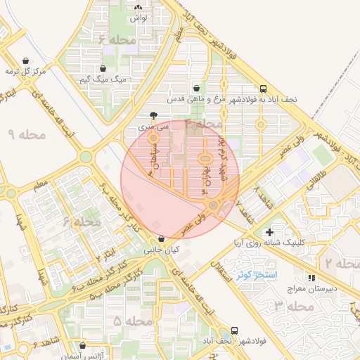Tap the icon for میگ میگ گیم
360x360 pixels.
pyautogui.click(x=103, y=69)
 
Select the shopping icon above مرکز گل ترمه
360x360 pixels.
pyautogui.click(x=26, y=60)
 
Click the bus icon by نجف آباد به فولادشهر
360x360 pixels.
pyautogui.click(x=263, y=89)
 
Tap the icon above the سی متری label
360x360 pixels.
pyautogui.click(x=154, y=115)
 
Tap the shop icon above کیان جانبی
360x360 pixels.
pyautogui.click(x=162, y=238)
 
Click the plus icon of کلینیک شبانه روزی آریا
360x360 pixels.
pyautogui.click(x=269, y=232)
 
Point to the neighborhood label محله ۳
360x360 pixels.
pyautogui.click(x=293, y=306)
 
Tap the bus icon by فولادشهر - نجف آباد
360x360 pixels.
pyautogui.click(x=235, y=330)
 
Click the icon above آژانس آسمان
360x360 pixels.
pyautogui.click(x=84, y=346)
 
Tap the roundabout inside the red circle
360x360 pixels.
pyautogui.click(x=213, y=205)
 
